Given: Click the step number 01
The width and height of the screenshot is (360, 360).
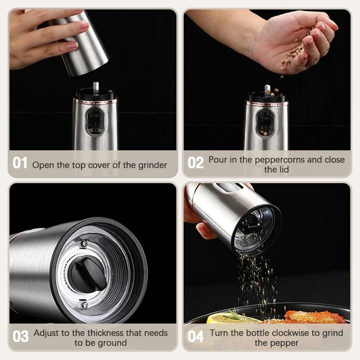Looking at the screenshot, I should pos(20,163).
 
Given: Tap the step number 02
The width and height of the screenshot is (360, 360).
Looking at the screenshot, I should pos(196,163).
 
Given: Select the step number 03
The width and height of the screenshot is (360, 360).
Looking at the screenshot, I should pos(20,336).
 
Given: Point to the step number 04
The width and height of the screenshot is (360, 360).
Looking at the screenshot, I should pos(196,336).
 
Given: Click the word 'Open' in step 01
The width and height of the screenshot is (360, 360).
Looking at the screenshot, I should pos(43,165).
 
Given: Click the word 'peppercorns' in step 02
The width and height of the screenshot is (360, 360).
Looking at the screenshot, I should pos(284,160).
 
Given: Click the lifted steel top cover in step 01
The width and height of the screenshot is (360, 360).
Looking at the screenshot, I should pos(83,43).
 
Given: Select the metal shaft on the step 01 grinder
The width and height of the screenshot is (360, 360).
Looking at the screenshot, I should pos(95,86).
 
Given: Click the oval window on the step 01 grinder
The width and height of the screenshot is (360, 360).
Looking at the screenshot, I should pos(95,122).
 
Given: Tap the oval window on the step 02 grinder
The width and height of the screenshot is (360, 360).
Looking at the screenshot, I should pos(265,122).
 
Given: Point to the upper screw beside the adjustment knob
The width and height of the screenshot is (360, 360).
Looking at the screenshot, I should pos(84,243).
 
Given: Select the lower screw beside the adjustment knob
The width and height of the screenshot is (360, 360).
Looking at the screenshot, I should pos(85,306).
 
